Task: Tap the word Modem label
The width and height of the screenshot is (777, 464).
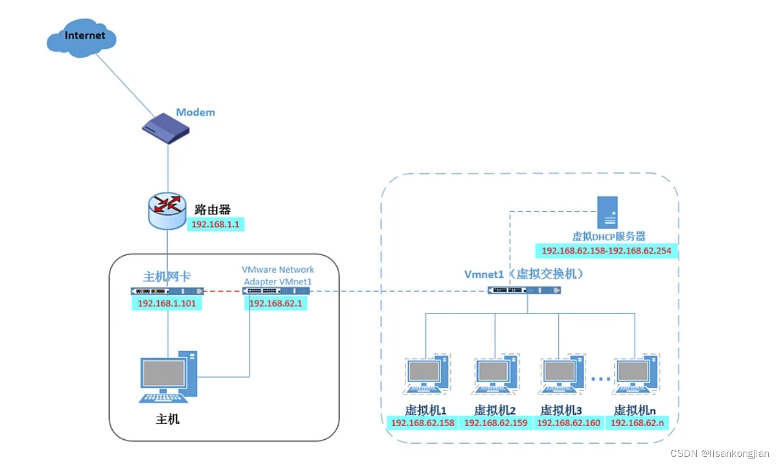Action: (x=195, y=112)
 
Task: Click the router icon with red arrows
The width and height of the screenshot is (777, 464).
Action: (x=167, y=210)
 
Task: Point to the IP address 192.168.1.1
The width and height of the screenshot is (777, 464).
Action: (x=215, y=224)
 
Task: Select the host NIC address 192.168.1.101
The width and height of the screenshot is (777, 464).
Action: (x=166, y=303)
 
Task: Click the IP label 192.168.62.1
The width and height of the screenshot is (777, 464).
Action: (x=275, y=303)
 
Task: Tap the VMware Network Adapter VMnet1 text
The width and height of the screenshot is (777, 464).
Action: (x=278, y=275)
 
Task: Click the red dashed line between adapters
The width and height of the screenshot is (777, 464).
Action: (x=223, y=291)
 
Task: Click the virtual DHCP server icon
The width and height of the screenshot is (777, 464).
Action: (x=607, y=212)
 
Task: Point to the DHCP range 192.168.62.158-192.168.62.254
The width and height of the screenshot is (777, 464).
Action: (x=606, y=251)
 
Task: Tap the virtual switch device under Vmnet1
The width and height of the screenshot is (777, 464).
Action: (x=524, y=290)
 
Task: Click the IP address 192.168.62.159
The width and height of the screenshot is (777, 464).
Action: (x=496, y=423)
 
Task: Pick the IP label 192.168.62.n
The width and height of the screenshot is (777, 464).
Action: (x=637, y=423)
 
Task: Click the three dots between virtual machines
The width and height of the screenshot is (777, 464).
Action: (x=601, y=379)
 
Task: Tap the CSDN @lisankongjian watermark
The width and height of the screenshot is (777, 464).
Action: (x=719, y=453)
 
